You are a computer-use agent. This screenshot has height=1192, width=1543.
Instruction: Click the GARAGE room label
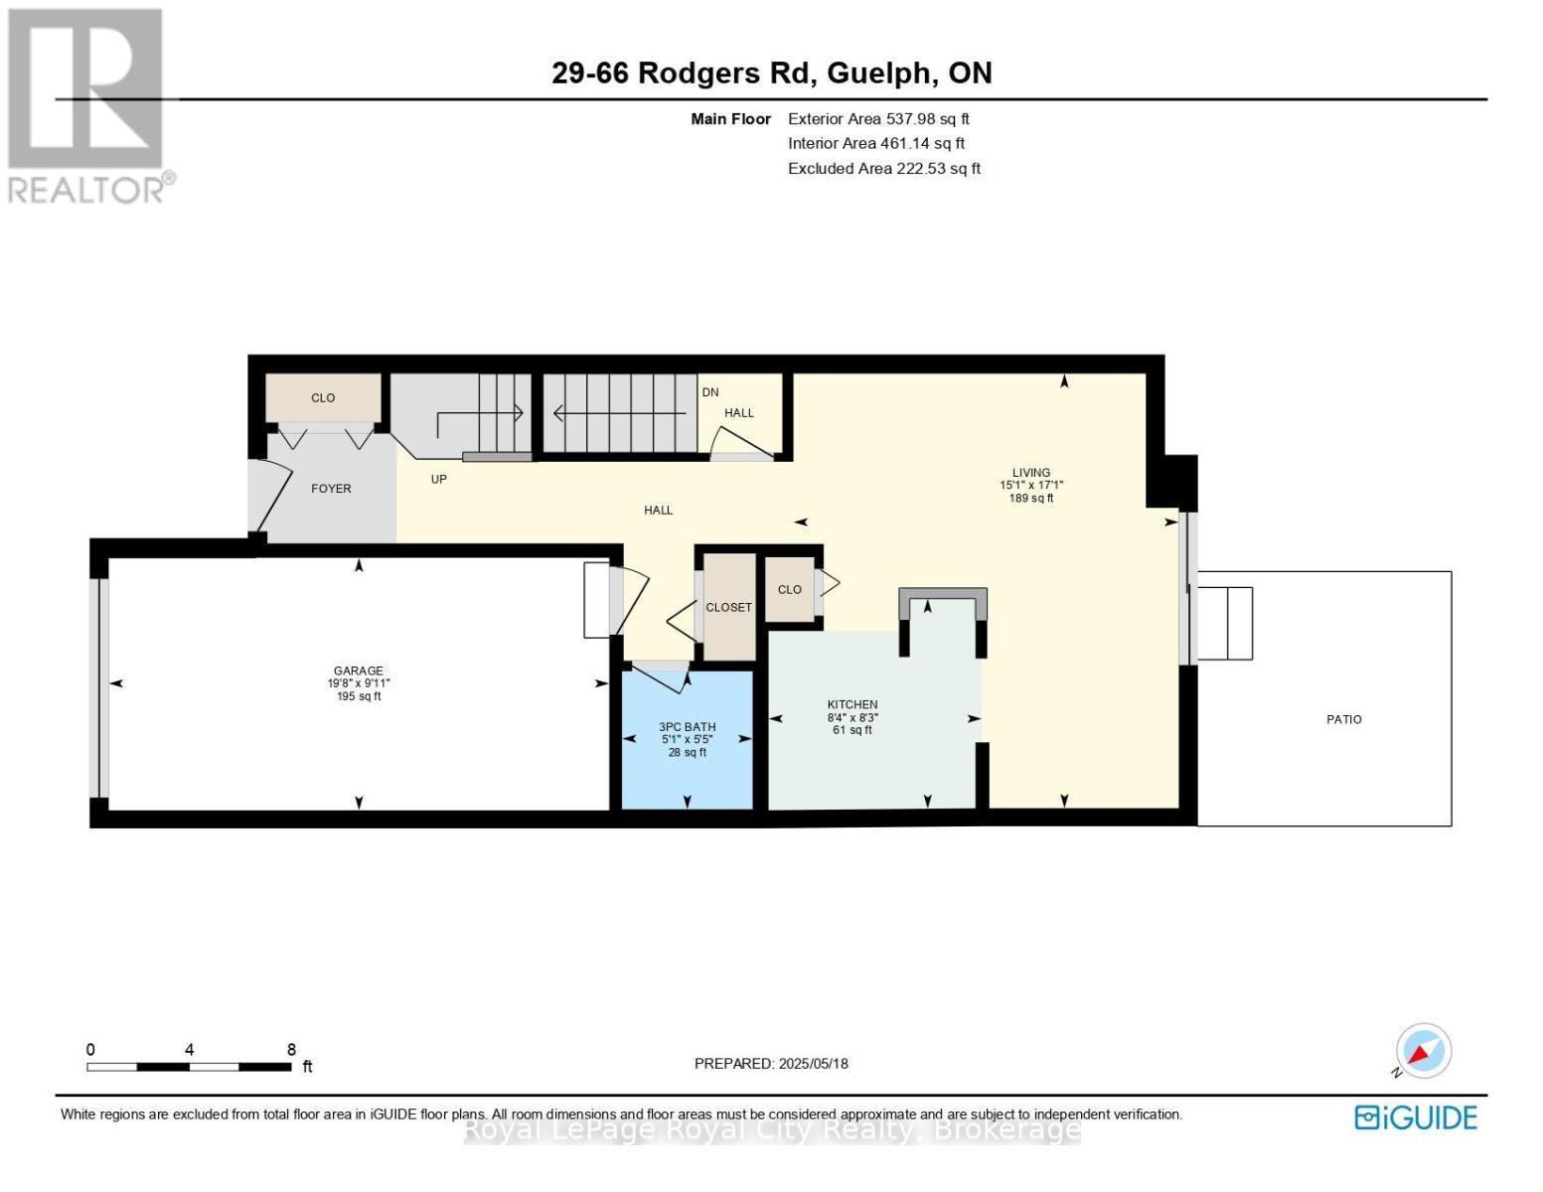point(358,671)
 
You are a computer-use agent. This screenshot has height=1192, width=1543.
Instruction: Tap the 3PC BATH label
point(687,727)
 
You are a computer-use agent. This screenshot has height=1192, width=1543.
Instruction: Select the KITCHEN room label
point(852,705)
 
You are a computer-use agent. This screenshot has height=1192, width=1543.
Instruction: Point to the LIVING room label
point(1031,473)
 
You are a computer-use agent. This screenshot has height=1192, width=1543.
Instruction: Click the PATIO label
point(1343,719)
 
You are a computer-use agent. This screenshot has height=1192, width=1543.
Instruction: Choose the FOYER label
point(331,489)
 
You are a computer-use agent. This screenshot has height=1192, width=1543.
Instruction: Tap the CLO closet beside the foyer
point(323,398)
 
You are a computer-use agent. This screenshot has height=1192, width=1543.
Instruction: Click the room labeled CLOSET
point(728,608)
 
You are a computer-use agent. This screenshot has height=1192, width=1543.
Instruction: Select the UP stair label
point(438,480)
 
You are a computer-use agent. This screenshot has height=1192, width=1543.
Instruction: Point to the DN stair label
point(710,392)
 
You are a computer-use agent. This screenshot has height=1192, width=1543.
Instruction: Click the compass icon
point(1423,1051)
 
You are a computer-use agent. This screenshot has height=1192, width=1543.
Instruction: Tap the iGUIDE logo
point(1416,1117)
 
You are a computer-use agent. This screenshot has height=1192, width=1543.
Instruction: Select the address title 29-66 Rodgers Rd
point(771,74)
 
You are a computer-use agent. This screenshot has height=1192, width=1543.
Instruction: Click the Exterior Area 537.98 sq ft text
point(878,119)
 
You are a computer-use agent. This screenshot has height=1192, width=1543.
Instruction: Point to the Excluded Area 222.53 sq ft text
point(883,169)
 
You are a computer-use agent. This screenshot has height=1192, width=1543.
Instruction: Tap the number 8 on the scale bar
point(291,1050)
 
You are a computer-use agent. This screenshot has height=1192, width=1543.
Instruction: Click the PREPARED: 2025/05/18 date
point(771,1064)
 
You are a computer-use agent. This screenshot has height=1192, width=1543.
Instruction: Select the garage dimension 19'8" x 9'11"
point(358,684)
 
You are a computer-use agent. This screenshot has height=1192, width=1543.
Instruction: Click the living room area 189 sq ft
point(1031,499)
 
